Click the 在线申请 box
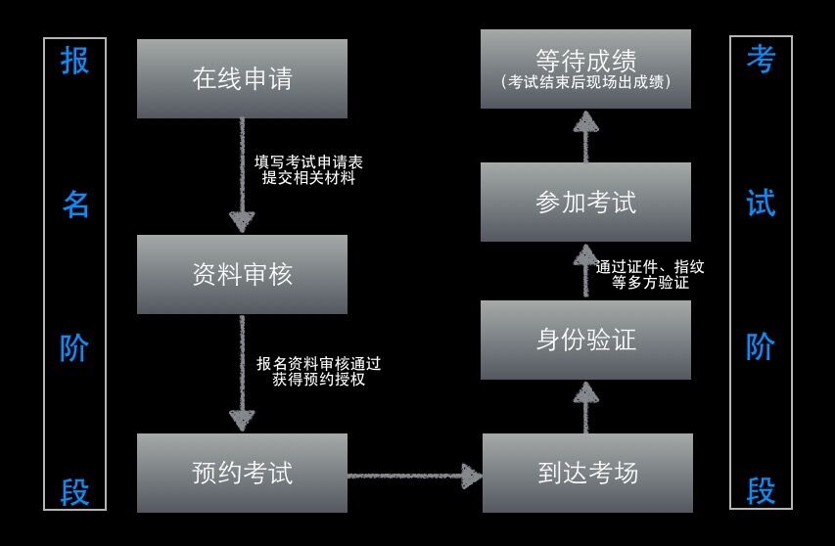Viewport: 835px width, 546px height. point(242,78)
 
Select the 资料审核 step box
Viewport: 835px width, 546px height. point(242,274)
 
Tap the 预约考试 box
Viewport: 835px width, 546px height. point(242,473)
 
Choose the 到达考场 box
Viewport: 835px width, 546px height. point(587,473)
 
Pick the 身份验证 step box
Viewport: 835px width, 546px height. point(585,340)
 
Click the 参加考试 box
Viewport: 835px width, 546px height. point(585,202)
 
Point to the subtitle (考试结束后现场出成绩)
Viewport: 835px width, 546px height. point(585,82)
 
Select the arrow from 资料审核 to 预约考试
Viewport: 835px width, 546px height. point(242,373)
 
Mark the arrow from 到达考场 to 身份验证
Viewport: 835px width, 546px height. point(585,406)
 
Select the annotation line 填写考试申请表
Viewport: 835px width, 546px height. point(308,161)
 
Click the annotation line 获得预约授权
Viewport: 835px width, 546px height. point(319,379)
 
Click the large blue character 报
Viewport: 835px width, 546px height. point(74,61)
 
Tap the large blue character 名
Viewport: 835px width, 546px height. point(75,204)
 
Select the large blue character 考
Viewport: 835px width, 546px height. point(761,61)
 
